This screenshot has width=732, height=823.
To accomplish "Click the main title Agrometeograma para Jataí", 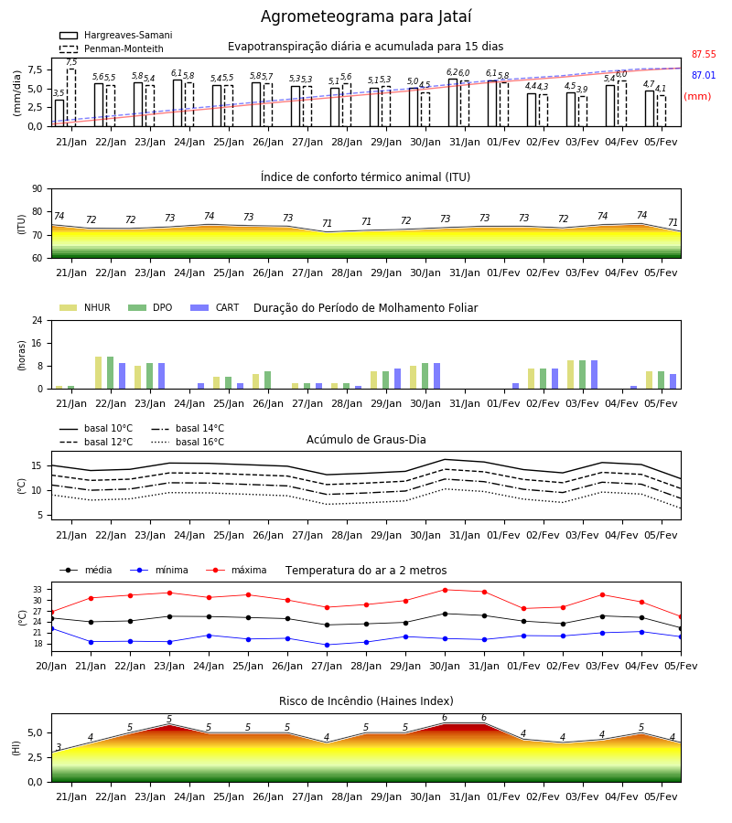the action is (x=366, y=16).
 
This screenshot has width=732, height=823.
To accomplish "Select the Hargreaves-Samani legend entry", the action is (x=116, y=35).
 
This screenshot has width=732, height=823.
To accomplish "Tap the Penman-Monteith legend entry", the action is (x=112, y=48).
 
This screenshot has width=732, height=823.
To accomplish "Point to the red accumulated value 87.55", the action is (x=704, y=55).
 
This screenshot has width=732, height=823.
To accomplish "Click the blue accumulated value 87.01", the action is (x=704, y=76).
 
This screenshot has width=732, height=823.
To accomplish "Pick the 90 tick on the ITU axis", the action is (x=38, y=189).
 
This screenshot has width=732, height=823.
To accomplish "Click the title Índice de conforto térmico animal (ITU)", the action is (x=365, y=176).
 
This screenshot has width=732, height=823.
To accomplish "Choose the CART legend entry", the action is (x=215, y=307).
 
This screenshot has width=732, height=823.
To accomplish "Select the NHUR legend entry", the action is (x=85, y=307).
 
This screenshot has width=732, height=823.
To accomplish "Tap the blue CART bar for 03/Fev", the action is (x=595, y=375).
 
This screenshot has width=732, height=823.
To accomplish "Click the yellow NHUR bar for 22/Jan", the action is (x=98, y=373).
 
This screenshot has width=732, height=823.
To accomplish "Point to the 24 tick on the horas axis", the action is (x=38, y=320).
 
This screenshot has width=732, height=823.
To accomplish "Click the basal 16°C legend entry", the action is (x=188, y=442).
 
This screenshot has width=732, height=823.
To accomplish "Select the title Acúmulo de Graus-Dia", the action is (x=366, y=440).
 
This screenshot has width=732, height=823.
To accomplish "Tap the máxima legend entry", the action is (x=236, y=570).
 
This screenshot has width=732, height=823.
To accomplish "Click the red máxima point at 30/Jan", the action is (x=446, y=590).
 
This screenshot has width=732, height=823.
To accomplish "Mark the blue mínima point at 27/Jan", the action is (x=328, y=645).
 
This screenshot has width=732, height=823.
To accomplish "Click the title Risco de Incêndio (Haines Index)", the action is (x=366, y=701).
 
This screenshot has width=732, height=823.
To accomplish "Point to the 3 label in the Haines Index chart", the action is (x=59, y=747).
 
